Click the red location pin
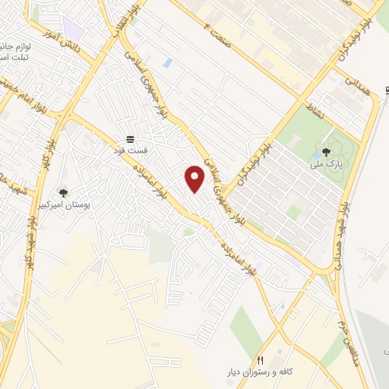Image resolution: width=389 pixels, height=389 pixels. [195, 179]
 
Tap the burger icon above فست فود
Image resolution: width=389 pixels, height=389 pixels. [130, 138]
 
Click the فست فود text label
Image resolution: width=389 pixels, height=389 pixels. [130, 150]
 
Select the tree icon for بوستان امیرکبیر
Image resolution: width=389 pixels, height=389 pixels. [63, 193]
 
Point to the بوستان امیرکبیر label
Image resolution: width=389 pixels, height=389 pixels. [63, 206]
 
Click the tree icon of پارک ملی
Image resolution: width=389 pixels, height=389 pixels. [327, 151]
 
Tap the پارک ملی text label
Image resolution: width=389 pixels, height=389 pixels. [327, 163]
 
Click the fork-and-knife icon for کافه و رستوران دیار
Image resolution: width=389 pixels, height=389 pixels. [260, 360]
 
